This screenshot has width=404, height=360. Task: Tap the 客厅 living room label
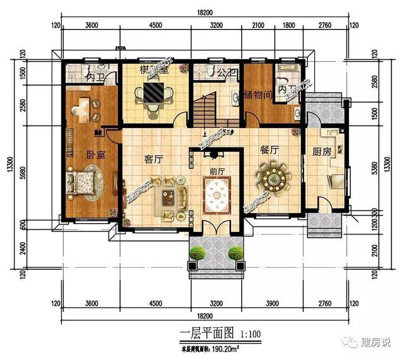[154, 160]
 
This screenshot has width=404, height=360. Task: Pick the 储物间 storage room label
[257, 95]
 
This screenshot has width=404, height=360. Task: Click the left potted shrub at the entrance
[198, 253]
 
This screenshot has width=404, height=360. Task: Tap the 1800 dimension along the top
[287, 26]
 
